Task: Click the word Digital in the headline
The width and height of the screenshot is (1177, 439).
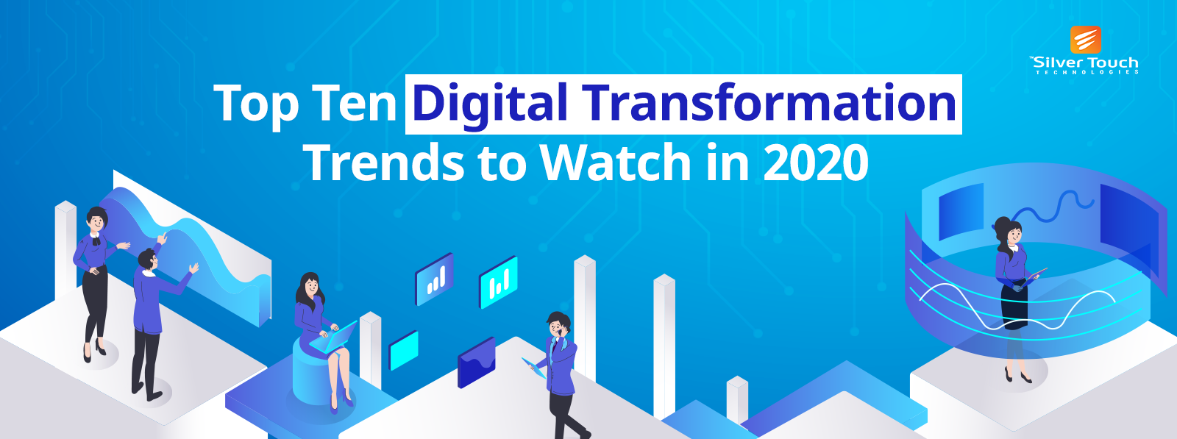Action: click(490, 104)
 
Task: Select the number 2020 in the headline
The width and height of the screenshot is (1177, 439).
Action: click(816, 163)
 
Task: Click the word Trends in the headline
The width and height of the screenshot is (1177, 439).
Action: click(383, 163)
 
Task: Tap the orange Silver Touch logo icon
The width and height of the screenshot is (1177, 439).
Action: click(1085, 40)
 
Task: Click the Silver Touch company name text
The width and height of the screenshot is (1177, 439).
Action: click(1086, 63)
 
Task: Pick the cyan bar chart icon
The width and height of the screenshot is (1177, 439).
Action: click(499, 282)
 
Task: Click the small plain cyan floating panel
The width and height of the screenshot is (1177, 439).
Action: click(403, 349)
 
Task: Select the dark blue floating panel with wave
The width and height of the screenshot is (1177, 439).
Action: click(476, 363)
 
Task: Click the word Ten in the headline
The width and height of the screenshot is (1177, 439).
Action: click(354, 104)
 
